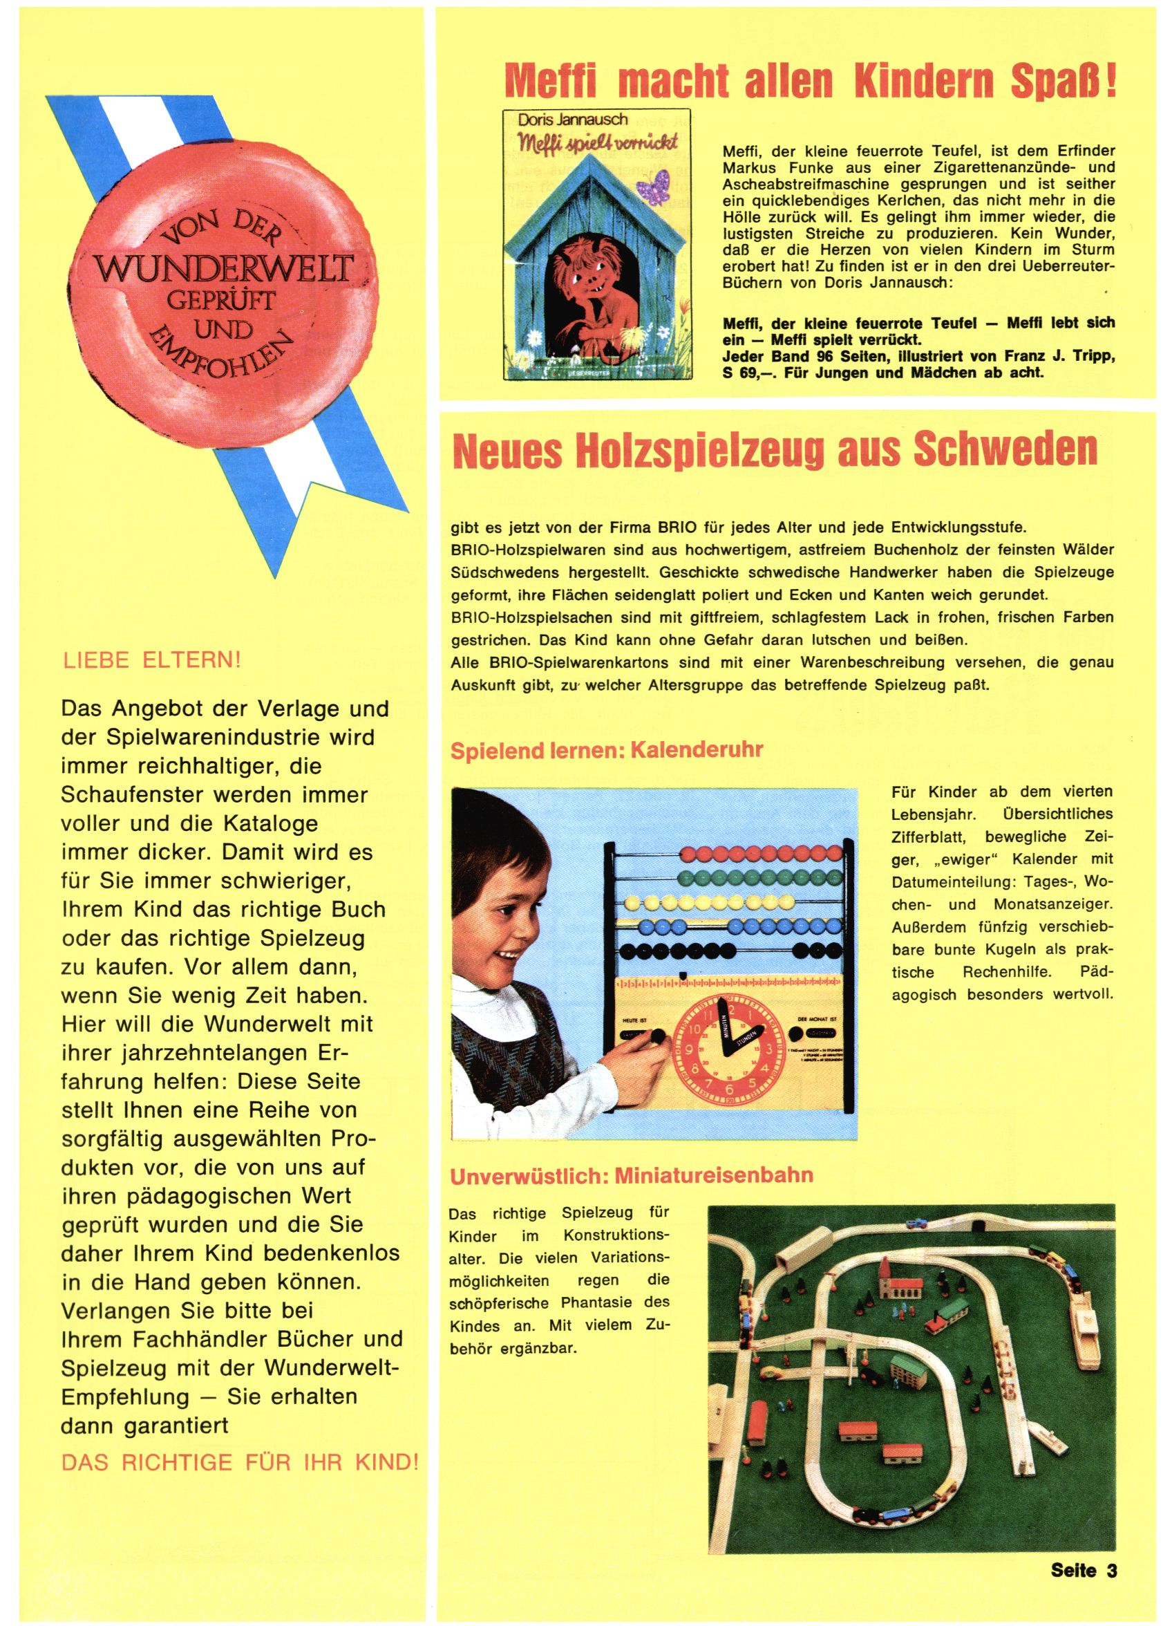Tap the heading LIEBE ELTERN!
pyautogui.click(x=152, y=660)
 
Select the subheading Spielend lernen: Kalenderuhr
pyautogui.click(x=607, y=750)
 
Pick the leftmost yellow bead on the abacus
pyautogui.click(x=630, y=901)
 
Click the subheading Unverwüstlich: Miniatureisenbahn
pyautogui.click(x=631, y=1176)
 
